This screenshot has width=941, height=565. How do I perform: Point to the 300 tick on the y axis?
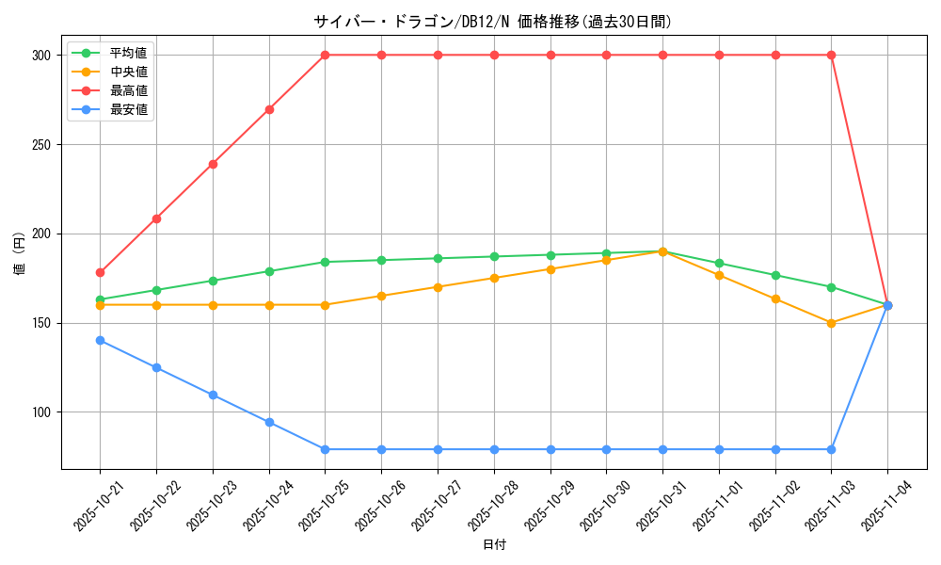[40, 56]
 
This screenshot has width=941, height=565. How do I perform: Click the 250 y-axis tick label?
[40, 145]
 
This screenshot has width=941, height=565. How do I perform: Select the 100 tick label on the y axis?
[40, 412]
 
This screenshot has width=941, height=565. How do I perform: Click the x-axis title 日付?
[494, 545]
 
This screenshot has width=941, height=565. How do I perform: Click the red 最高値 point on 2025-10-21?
[100, 272]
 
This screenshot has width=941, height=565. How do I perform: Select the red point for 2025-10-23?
[213, 164]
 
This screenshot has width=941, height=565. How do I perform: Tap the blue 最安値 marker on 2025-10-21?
[100, 340]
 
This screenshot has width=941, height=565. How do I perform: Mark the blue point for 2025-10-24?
[269, 422]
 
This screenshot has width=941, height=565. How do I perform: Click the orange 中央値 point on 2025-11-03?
[832, 323]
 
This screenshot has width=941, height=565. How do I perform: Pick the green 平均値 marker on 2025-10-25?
[325, 262]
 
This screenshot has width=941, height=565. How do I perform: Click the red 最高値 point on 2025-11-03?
[832, 56]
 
